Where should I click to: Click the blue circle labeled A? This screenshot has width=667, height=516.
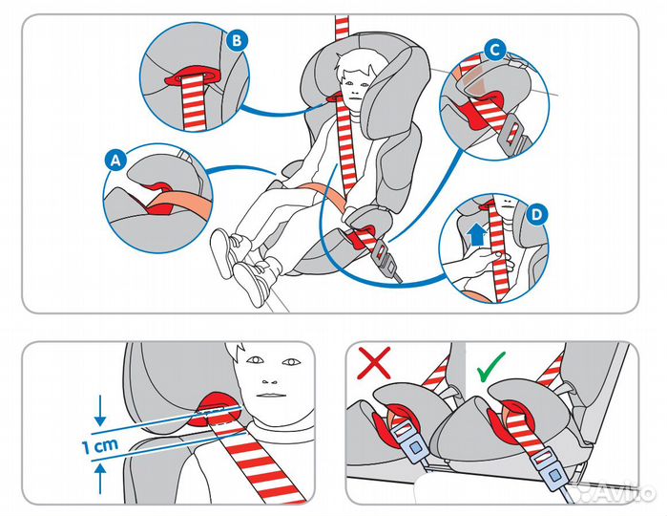click(115, 161)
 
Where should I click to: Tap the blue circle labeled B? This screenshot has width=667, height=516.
click(237, 40)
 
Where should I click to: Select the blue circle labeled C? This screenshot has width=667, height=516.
click(494, 51)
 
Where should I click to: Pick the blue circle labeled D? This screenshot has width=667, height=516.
click(536, 214)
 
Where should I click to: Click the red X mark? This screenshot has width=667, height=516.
click(374, 362)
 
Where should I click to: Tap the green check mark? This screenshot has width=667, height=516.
click(490, 367)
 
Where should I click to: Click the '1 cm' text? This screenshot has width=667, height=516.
click(100, 445)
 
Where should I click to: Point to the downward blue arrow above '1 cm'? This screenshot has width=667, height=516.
click(100, 410)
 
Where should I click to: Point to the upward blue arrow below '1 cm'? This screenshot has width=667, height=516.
click(100, 479)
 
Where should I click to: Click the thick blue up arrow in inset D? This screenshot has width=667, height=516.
click(477, 235)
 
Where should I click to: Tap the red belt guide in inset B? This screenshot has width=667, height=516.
click(194, 76)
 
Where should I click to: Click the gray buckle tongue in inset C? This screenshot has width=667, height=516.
click(514, 134)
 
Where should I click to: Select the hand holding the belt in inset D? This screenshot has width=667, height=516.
click(481, 261)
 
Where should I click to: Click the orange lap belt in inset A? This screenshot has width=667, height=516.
click(182, 202)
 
